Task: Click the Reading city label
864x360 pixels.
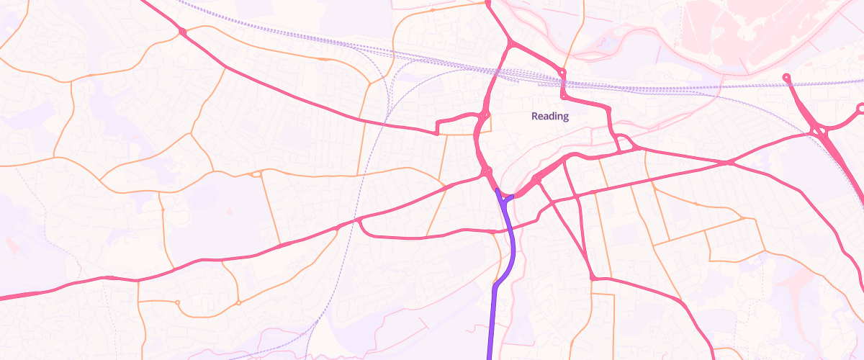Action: (x=550, y=116)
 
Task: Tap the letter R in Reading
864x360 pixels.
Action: (x=535, y=116)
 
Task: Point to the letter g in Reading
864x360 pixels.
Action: (x=565, y=117)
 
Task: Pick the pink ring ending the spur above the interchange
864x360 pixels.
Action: (x=786, y=77)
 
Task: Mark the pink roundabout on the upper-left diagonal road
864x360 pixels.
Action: (x=182, y=32)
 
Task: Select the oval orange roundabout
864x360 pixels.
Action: (x=256, y=174)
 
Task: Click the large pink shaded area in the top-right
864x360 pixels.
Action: (x=749, y=29)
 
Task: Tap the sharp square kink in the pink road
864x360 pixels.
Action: (x=438, y=132)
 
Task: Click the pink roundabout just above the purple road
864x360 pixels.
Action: (x=488, y=171)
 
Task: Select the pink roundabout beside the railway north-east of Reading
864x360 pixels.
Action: (x=562, y=73)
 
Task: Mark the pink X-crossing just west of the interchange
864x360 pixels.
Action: (x=730, y=163)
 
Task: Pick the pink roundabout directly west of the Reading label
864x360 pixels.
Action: (x=484, y=115)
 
